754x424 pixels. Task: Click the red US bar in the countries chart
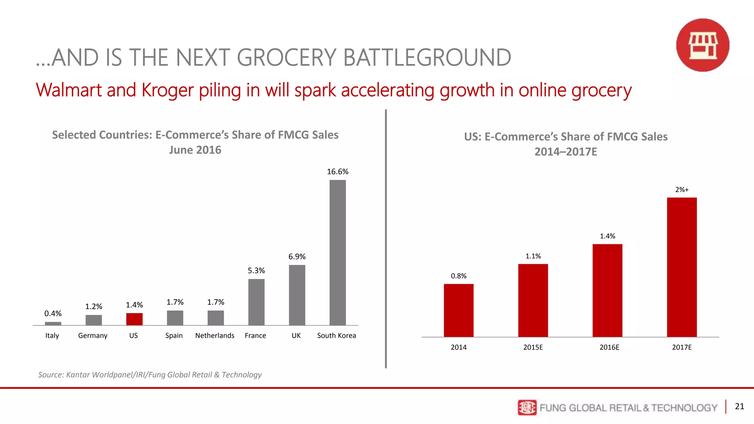(134, 319)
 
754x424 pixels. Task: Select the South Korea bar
(338, 252)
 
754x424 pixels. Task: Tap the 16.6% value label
(338, 172)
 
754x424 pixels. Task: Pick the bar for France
(256, 302)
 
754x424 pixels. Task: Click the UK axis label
(296, 335)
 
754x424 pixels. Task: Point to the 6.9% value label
(297, 257)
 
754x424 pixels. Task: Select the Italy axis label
(52, 335)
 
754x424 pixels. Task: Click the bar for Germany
(94, 320)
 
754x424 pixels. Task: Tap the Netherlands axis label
(215, 335)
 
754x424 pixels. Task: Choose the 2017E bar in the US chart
(681, 267)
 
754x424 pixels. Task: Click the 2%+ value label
(681, 190)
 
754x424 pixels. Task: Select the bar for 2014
(458, 310)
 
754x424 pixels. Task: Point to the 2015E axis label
(533, 347)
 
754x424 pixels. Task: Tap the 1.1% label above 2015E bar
(533, 256)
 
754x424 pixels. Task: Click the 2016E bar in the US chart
(607, 290)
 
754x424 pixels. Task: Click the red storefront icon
(702, 45)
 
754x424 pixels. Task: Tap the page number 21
(739, 406)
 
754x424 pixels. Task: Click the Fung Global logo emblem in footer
(527, 407)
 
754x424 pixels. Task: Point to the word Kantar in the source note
(78, 375)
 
